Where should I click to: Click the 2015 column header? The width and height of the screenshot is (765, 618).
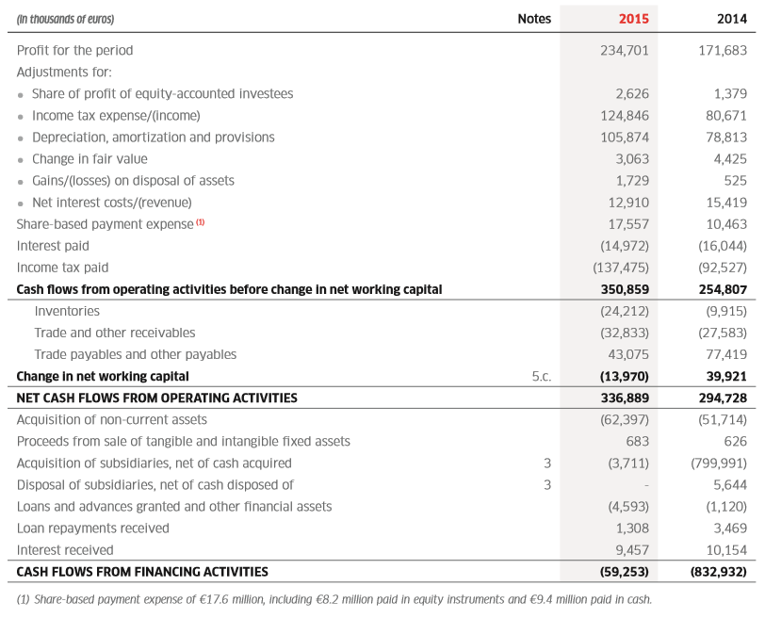point(633,18)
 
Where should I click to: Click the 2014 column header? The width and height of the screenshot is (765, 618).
point(732,18)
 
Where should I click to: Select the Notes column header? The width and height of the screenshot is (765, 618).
point(534,18)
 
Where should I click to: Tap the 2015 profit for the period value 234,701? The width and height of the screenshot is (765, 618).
point(625,50)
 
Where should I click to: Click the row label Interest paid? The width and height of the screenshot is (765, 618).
point(53,245)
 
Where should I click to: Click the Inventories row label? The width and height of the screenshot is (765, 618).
point(67,311)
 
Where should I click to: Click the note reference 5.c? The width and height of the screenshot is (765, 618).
point(541,376)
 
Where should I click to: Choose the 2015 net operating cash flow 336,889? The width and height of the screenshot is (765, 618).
point(625,398)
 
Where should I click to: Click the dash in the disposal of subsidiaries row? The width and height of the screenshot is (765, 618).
point(645,485)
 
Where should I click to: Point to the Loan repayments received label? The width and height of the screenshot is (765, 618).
point(93,528)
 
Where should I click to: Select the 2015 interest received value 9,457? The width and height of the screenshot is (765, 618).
point(632,549)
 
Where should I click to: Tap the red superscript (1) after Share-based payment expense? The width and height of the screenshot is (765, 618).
point(200,222)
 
